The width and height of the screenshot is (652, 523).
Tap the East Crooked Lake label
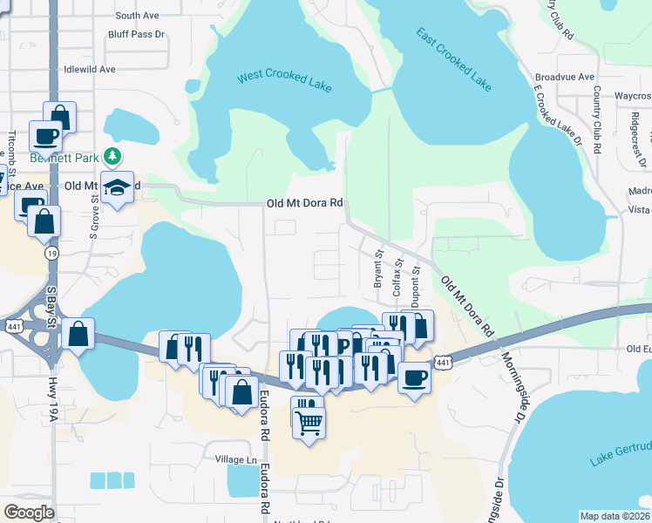click(453, 59)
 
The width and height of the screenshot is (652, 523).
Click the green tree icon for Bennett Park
click(112, 156)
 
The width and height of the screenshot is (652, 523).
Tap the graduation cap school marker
click(116, 187)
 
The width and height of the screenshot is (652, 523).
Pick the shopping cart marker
click(309, 425)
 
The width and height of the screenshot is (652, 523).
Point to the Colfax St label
click(397, 276)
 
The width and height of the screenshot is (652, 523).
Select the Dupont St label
click(416, 283)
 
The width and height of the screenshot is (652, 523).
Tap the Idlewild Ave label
click(90, 69)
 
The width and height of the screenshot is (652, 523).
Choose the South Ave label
click(137, 16)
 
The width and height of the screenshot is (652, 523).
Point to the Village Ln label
click(237, 459)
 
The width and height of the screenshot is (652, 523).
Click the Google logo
click(29, 513)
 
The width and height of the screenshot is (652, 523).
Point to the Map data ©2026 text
click(615, 516)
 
